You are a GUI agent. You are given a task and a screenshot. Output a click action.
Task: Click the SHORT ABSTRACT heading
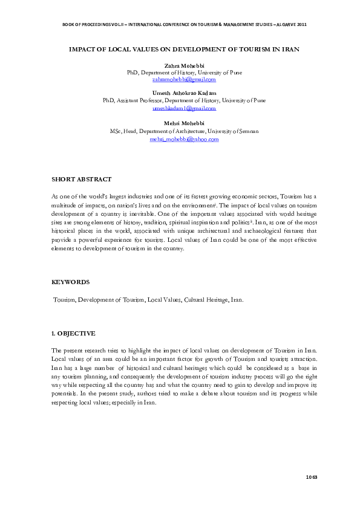[x=81, y=180]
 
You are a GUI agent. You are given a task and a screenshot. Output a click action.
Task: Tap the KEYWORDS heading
[x=71, y=282]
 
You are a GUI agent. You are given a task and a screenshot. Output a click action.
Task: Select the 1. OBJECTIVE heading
[x=73, y=334]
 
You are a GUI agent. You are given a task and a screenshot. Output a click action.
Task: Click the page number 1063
[x=311, y=478]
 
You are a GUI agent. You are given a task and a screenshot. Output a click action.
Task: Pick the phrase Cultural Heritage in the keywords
[x=206, y=300]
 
